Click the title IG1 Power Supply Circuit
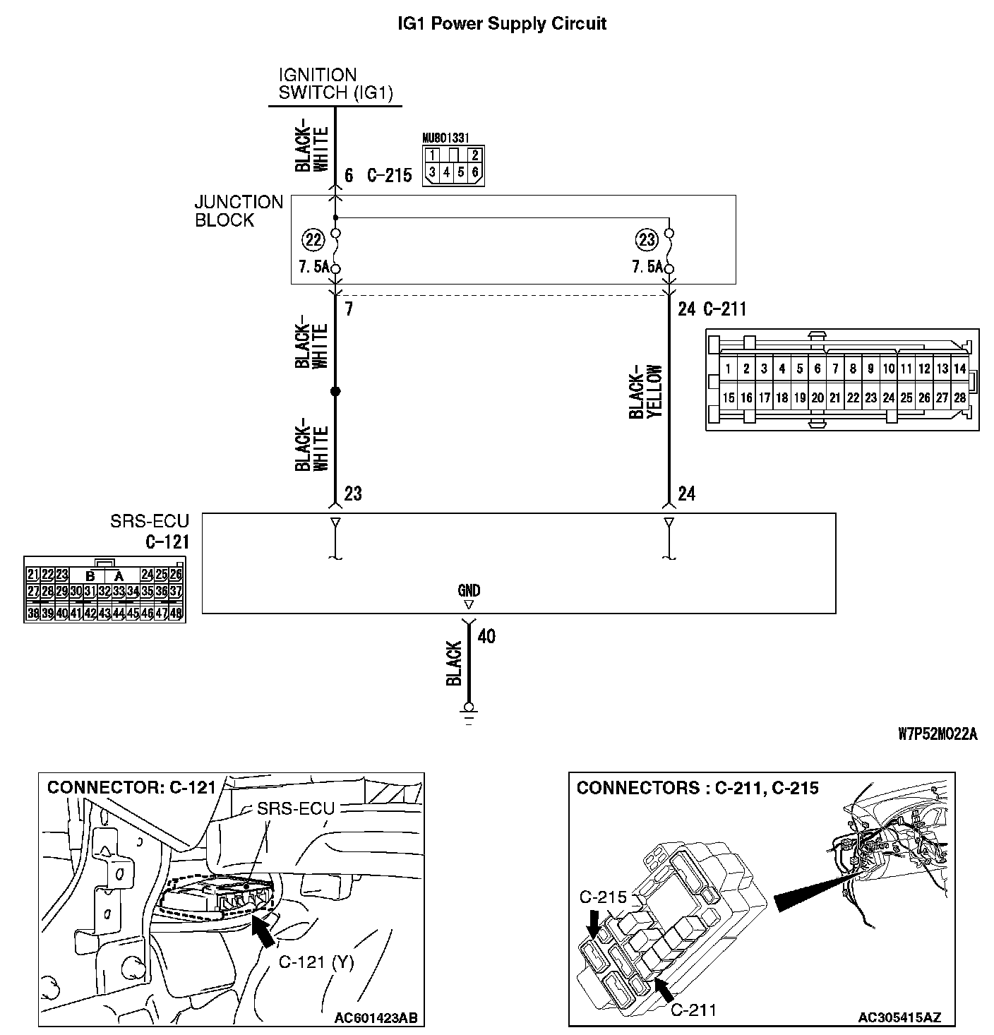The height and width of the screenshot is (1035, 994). (502, 24)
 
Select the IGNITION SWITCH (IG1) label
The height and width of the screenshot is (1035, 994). (335, 83)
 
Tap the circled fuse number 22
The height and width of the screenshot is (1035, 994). (312, 240)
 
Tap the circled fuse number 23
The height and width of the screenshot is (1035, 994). (647, 240)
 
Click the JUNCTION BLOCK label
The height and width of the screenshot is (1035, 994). (239, 211)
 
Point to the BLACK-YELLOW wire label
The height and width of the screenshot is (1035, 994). (646, 392)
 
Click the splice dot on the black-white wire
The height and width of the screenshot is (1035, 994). (335, 392)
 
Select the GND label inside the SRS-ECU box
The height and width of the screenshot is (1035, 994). (469, 591)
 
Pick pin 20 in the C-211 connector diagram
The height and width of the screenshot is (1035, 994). (818, 398)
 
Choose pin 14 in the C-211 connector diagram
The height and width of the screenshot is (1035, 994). (959, 369)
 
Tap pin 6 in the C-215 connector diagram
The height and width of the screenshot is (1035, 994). (475, 172)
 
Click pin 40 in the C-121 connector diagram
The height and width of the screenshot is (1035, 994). (61, 614)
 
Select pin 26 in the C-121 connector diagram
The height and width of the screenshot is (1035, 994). (176, 575)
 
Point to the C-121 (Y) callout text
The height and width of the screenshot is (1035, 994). (316, 962)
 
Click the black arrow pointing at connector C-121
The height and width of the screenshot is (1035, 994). (263, 932)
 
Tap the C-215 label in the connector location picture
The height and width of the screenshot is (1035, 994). (604, 897)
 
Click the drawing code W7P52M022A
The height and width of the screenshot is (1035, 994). (938, 734)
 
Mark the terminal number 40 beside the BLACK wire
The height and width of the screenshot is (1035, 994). (486, 637)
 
